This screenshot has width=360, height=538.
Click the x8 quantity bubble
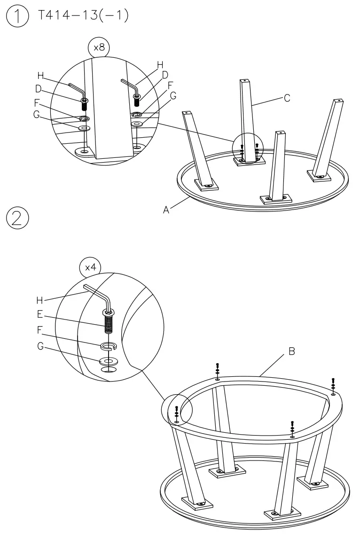pos(98,48)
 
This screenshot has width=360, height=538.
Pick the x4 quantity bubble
pos(91,267)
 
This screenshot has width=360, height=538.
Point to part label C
pos(287,98)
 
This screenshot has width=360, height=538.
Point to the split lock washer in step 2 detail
pos(109,347)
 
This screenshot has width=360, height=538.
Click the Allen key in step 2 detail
pos(99,294)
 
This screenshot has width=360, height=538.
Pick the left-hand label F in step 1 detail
pos(37,102)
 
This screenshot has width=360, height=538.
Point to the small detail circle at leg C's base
pos(249,149)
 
